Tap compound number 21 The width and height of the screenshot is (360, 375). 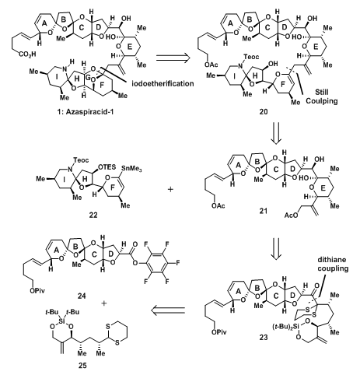[x=264, y=211]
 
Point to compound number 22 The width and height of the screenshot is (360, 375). [x=93, y=215]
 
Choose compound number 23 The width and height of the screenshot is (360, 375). [x=264, y=338]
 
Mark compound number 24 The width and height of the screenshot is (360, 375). [x=82, y=296]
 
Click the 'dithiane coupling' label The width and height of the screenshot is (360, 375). [x=333, y=264]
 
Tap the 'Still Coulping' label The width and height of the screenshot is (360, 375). [x=322, y=96]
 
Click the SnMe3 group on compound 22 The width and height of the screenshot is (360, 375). [x=131, y=169]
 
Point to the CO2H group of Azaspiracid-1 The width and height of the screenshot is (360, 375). [x=27, y=54]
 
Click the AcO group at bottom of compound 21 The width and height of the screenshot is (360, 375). [x=291, y=215]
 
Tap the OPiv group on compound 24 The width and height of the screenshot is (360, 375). [x=37, y=290]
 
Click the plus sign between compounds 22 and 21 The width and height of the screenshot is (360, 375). [x=170, y=189]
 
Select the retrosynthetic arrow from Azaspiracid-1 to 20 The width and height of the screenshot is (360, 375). [x=173, y=58]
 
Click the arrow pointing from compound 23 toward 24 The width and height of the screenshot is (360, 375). [x=168, y=310]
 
